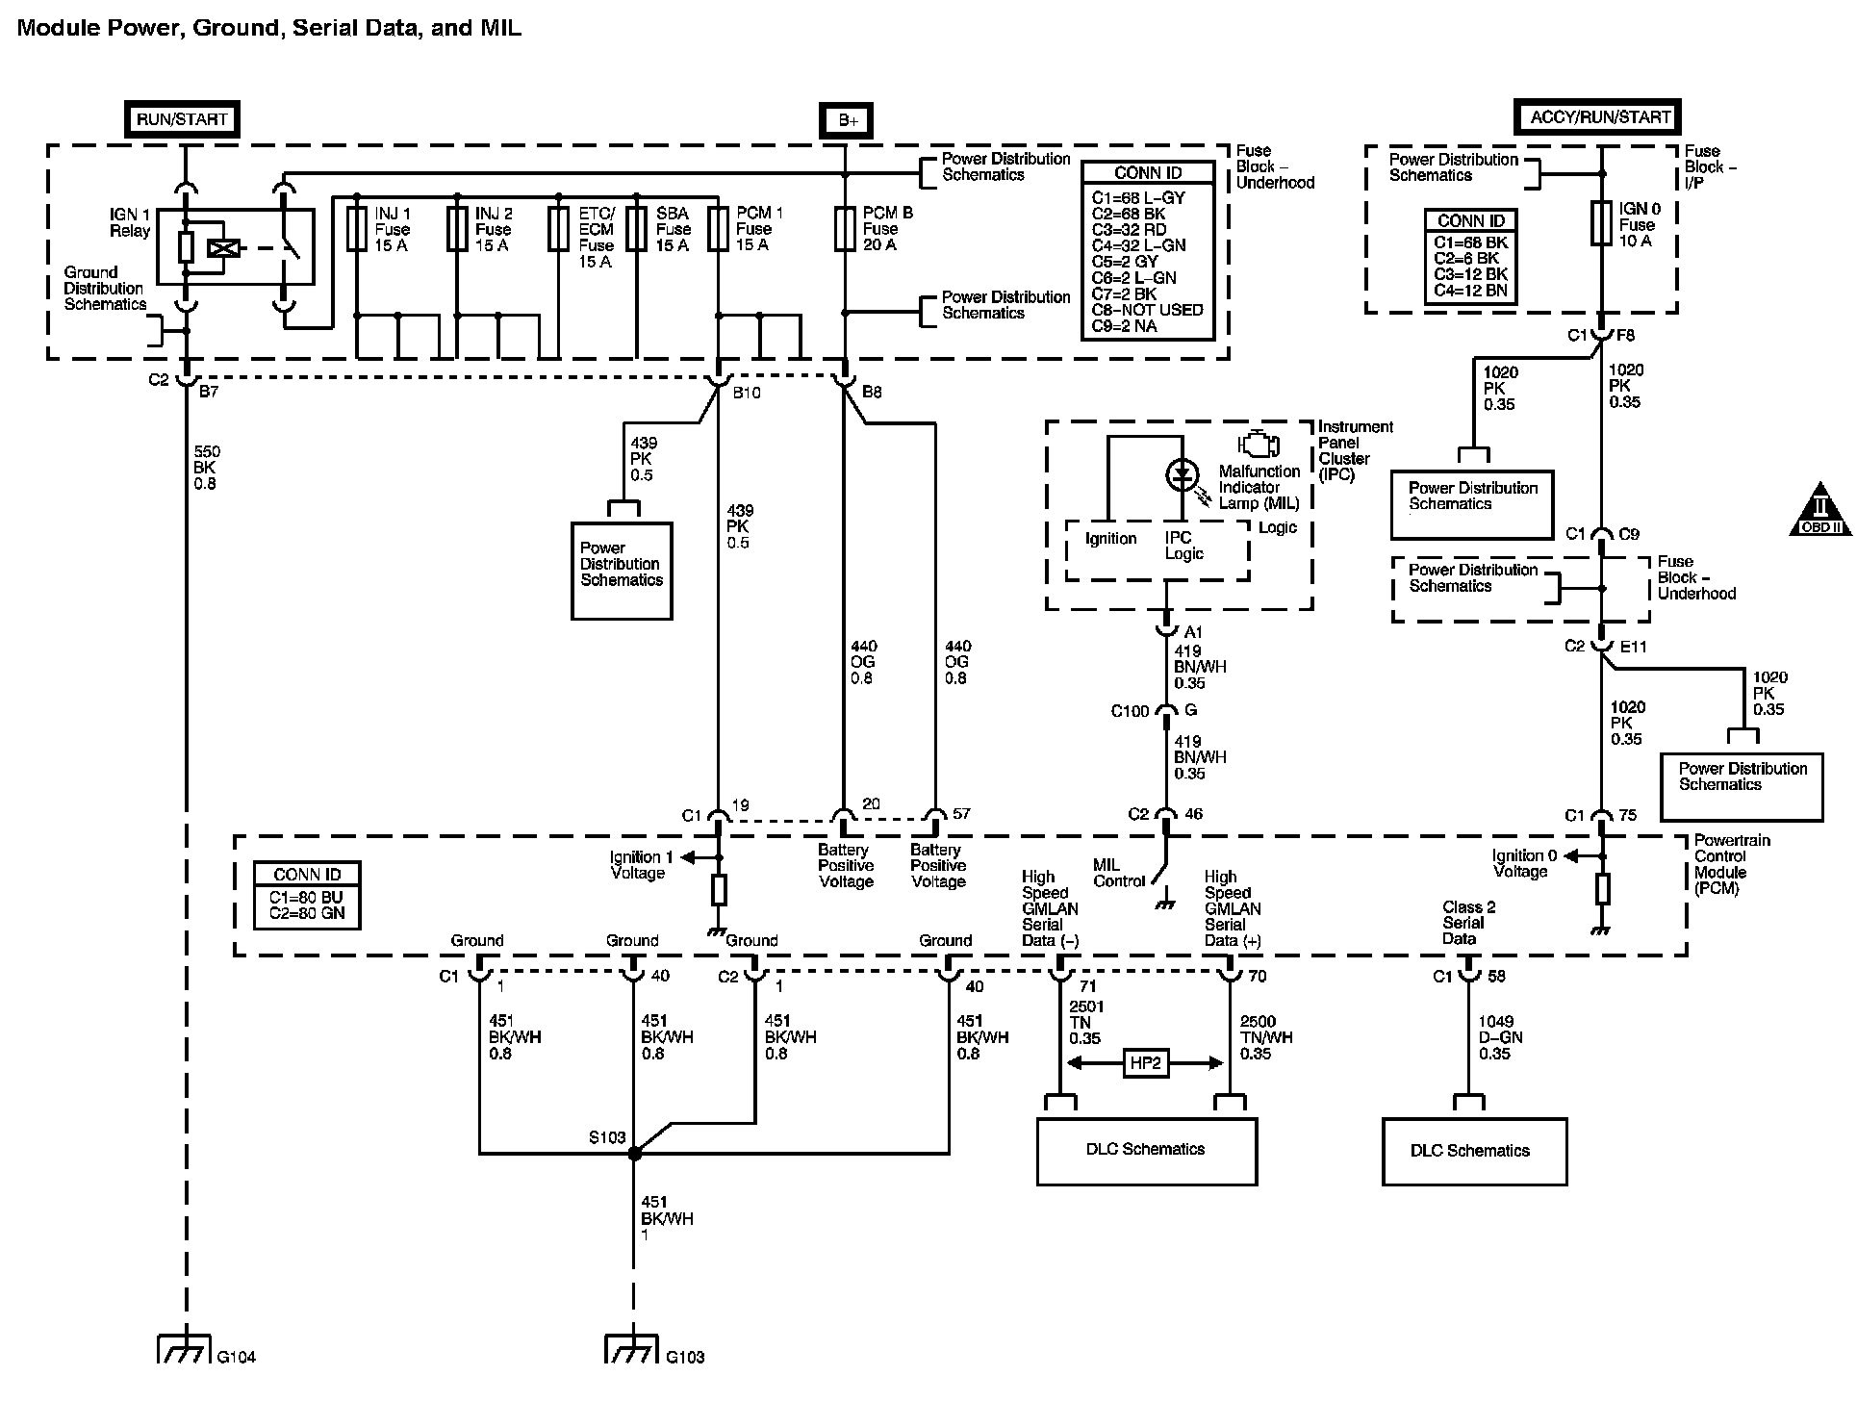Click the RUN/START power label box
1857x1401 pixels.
183,119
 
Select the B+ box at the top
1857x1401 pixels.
846,120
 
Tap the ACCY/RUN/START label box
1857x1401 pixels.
1598,117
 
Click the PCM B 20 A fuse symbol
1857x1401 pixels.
845,229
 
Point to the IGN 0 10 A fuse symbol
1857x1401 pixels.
1601,223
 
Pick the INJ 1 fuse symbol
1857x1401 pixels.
357,229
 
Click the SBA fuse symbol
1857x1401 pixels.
636,229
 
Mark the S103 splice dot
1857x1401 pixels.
634,1153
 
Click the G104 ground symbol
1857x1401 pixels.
184,1349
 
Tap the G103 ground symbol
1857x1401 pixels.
633,1349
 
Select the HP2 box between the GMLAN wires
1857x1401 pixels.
1146,1063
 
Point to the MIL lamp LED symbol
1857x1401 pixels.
1183,474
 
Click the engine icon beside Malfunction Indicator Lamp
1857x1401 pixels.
1260,444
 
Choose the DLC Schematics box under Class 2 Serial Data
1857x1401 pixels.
1474,1151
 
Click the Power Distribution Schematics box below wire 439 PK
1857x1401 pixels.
622,572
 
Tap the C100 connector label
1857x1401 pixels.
1130,711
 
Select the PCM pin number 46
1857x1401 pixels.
1193,814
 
